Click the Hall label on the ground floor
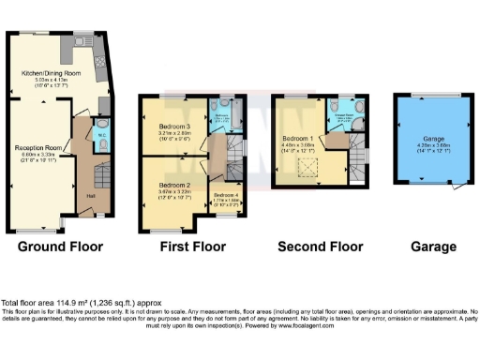click(91, 195)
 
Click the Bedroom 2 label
click(175, 186)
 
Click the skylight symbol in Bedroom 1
click(306, 167)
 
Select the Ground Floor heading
click(60, 247)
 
